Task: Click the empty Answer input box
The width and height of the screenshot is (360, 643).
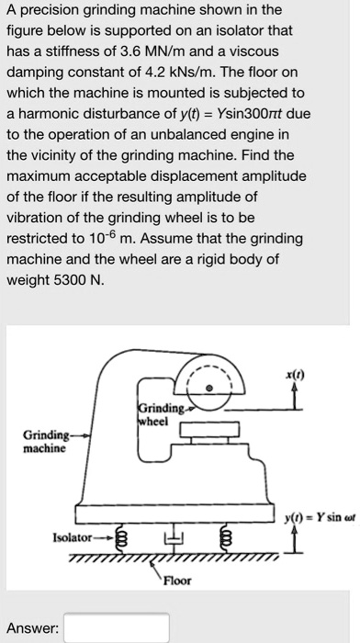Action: point(116,628)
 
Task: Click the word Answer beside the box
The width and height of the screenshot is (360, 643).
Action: point(33,628)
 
